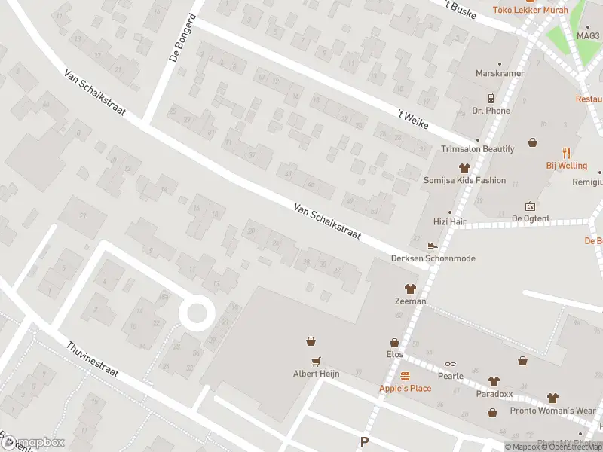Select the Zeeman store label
[411, 301]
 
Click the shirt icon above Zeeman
[411, 289]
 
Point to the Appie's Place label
[405, 388]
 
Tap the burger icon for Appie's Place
[405, 376]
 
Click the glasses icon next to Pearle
[450, 365]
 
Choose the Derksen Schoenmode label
[433, 258]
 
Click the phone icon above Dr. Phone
[491, 99]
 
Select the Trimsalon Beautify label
[478, 149]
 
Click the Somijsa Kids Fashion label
[464, 181]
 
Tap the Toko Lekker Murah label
[530, 10]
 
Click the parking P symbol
[365, 442]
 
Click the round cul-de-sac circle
[196, 313]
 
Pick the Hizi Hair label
[451, 222]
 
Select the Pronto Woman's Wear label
[552, 411]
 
